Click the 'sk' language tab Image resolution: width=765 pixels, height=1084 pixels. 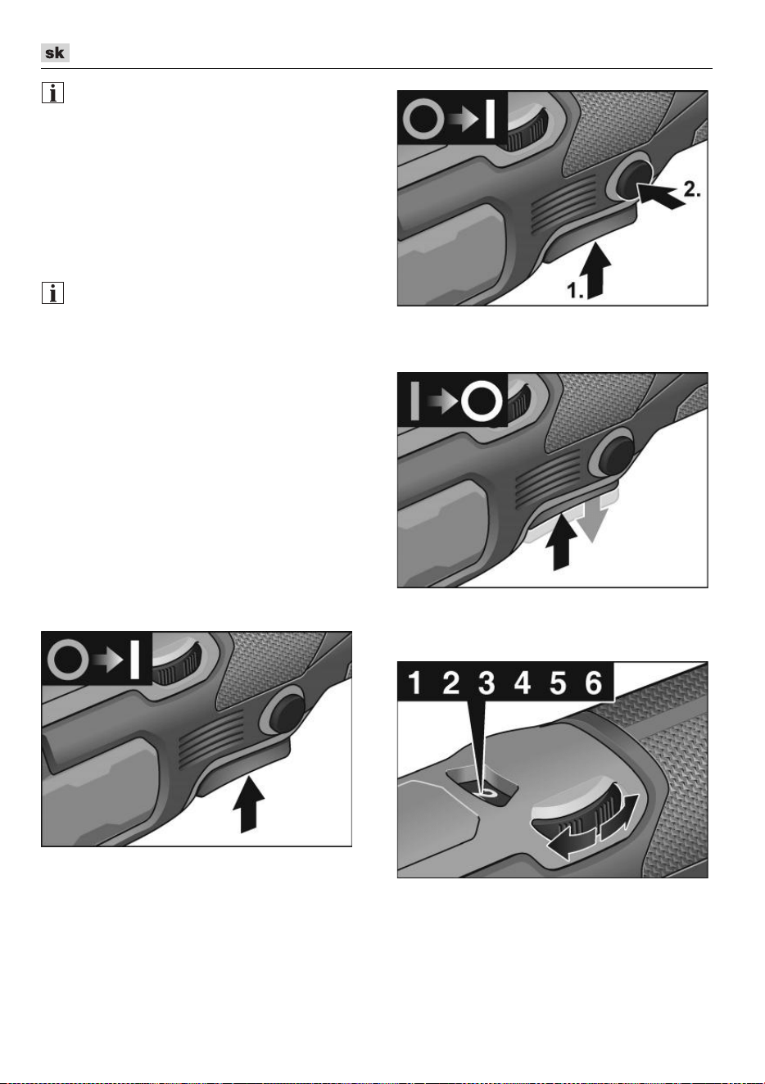coord(55,52)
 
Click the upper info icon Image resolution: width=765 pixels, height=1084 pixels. coord(52,93)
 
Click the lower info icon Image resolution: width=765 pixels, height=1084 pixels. coord(52,293)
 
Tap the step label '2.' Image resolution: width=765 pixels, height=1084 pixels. coord(692,189)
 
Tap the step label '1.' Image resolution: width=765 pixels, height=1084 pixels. coord(576,290)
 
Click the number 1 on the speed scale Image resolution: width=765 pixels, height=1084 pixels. coord(414,683)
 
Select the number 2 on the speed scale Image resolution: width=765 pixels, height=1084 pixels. coord(450,683)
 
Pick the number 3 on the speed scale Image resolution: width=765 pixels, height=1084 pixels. coord(487,683)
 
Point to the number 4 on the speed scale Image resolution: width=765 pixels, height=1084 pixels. coord(522,683)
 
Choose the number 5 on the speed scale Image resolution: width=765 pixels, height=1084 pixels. coord(558,683)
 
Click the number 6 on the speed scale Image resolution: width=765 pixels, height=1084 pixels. coord(594,683)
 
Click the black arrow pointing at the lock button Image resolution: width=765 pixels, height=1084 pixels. coord(660,196)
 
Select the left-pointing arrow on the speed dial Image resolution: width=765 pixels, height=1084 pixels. coord(571,843)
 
